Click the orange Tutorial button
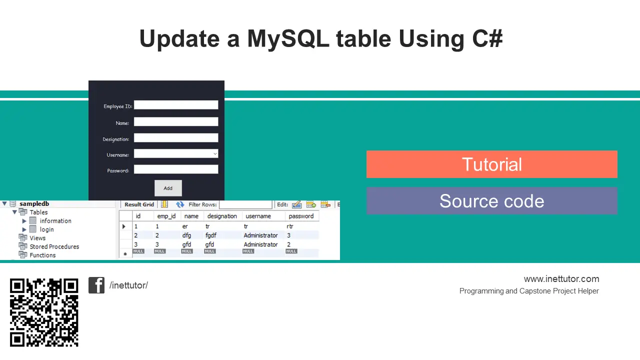tap(491, 164)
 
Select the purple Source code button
tap(491, 201)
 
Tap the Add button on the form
tap(168, 188)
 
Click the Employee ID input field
tap(176, 105)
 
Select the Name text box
tap(176, 121)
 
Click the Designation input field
tap(176, 137)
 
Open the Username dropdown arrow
tap(215, 153)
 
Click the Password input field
tap(176, 169)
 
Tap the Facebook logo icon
tap(96, 285)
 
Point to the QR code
tap(44, 312)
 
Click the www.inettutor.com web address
tap(561, 279)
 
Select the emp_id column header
tap(166, 216)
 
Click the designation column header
tap(222, 216)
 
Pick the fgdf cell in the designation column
tap(211, 235)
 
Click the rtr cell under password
tap(290, 226)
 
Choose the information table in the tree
tap(55, 221)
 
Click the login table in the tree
tap(46, 229)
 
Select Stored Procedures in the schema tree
tap(54, 246)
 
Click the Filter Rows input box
tap(245, 204)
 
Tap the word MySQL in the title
tap(288, 39)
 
